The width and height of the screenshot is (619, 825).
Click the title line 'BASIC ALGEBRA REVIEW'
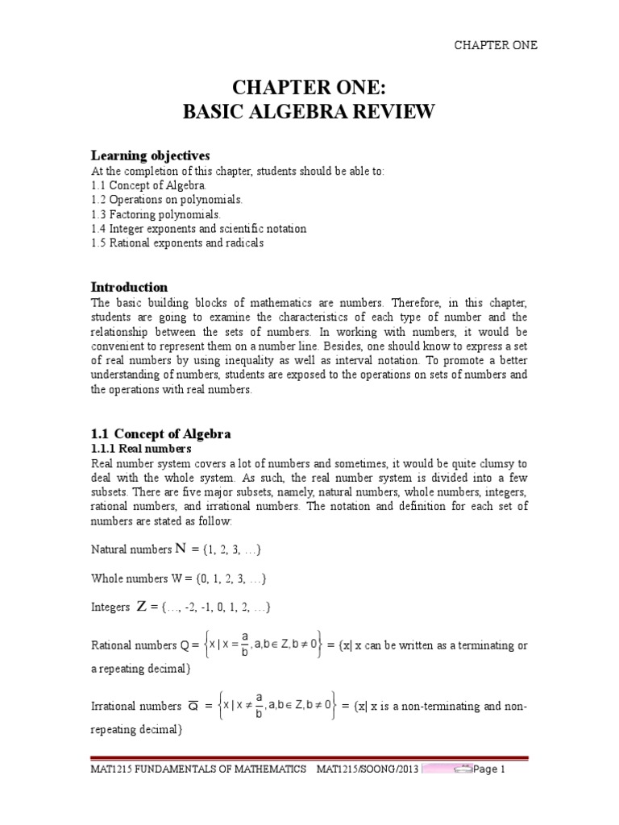pos(310,112)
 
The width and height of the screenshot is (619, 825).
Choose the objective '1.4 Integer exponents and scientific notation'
pos(198,228)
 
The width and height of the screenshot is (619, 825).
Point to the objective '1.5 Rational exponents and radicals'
pos(177,243)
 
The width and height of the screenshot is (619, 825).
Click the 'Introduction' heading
pos(129,287)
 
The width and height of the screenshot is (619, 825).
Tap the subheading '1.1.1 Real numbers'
pos(140,448)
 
